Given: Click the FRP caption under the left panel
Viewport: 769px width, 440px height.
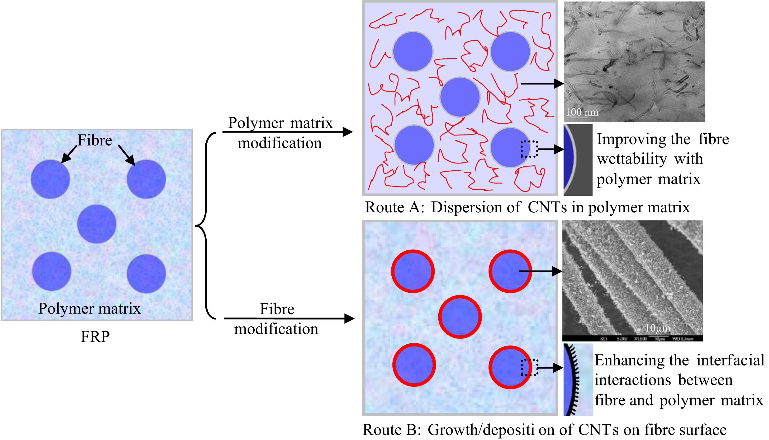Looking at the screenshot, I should [95, 336].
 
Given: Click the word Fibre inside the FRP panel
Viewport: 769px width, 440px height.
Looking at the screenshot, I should [95, 140].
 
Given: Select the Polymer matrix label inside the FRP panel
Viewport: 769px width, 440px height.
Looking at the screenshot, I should [89, 308].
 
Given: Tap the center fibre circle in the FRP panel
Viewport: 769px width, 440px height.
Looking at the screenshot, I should [97, 224].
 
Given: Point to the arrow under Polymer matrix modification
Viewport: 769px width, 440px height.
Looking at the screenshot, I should [287, 132].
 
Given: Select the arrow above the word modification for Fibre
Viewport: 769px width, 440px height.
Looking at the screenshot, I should [289, 318].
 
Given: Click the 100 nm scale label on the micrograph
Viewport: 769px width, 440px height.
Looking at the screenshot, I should [582, 112].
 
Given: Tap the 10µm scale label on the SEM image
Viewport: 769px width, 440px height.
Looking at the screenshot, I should [657, 328].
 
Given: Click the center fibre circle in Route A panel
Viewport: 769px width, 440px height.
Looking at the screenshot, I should [459, 97].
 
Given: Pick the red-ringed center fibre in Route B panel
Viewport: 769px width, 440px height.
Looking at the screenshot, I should [459, 316].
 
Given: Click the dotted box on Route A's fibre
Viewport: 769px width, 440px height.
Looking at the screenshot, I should [529, 149].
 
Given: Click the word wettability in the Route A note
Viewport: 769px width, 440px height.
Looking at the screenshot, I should [632, 159].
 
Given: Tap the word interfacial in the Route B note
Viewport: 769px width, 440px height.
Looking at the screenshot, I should [730, 360].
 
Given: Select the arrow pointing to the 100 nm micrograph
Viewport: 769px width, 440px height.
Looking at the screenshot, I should [542, 83].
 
